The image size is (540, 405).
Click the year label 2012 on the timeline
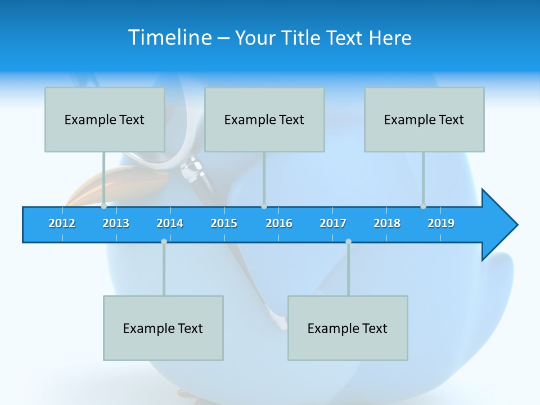62,223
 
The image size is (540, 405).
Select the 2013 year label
116,223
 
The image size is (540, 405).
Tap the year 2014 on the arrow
170,223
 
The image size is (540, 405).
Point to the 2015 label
224,223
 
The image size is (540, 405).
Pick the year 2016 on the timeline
279,223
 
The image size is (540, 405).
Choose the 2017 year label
333,223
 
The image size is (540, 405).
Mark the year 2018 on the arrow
387,223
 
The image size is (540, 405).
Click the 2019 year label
441,223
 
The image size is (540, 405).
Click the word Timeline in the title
170,38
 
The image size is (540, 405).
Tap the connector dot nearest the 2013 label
103,206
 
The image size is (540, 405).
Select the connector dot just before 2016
264,206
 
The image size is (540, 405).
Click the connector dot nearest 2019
423,206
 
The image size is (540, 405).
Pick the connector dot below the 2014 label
164,242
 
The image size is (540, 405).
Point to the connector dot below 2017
348,242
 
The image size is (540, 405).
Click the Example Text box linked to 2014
163,328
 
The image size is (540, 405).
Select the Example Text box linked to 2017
348,328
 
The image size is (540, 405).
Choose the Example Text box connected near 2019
424,119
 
